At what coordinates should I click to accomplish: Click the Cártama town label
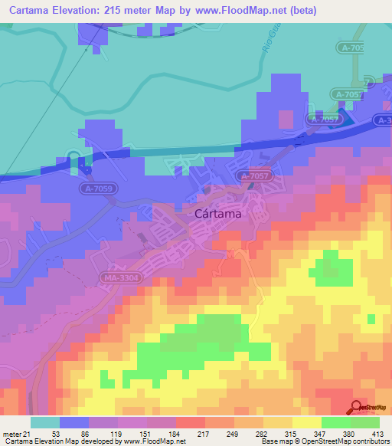click(215, 215)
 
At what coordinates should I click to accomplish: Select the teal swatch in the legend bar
click(45, 422)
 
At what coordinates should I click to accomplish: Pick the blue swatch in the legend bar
click(74, 422)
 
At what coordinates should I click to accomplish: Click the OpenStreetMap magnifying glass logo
click(357, 408)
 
